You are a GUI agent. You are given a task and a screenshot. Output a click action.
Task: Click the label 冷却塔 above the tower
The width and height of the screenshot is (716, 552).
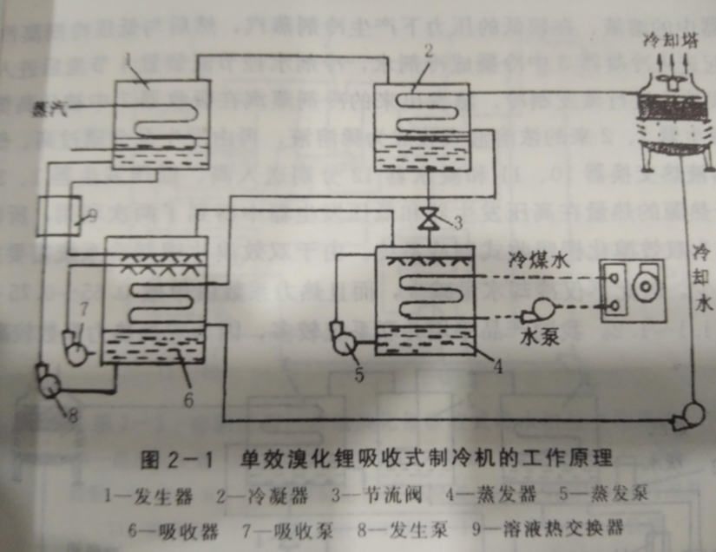666,39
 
